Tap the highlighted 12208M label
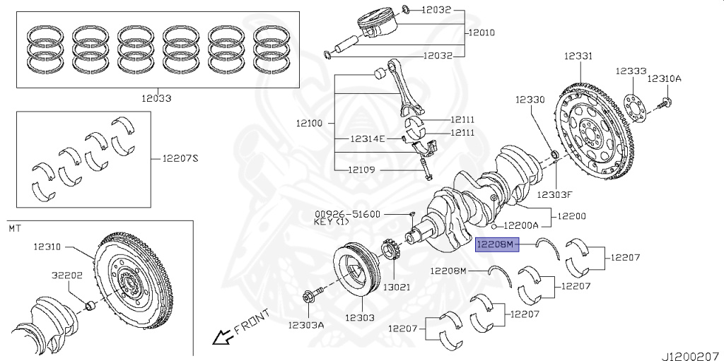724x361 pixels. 498,244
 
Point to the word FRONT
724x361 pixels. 252,321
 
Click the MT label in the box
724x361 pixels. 14,228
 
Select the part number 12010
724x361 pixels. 481,32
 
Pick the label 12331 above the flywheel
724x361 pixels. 578,56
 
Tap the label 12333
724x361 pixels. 631,71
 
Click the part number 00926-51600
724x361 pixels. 347,213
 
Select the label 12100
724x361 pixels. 309,123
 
